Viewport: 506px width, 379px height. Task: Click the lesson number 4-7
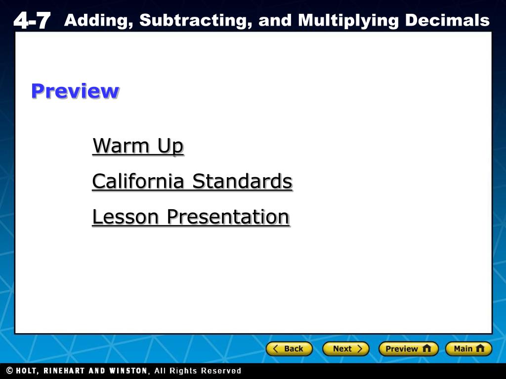point(32,20)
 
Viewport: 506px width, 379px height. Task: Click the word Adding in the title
point(98,21)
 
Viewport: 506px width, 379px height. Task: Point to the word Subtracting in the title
point(196,21)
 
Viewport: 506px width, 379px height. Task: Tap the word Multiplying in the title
point(348,21)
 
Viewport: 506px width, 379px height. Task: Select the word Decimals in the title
point(447,20)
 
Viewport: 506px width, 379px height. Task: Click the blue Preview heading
point(75,91)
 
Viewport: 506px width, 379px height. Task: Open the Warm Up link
point(138,146)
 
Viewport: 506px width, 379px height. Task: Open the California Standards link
point(192,181)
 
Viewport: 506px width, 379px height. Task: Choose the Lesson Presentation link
point(191,217)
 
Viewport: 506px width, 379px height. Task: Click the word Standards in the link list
point(242,181)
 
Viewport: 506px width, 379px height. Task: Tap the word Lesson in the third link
point(126,217)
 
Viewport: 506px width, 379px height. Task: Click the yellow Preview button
point(408,349)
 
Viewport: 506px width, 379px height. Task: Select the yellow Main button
point(468,349)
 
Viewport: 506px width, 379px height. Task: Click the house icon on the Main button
point(480,348)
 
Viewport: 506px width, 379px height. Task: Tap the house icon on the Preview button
point(426,348)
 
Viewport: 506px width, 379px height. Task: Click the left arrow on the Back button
point(275,349)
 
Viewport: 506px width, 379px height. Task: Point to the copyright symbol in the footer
point(10,371)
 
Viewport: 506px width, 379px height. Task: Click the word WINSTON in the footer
point(128,371)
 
